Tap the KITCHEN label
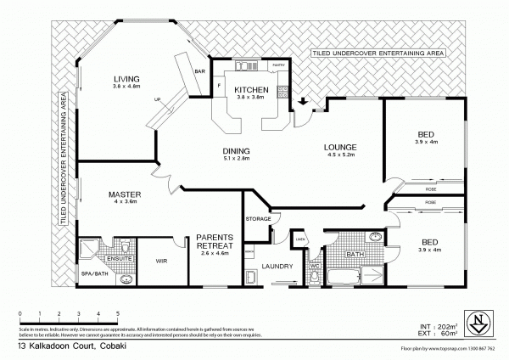coord(251,89)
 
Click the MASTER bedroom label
coord(124,194)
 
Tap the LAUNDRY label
coord(277,267)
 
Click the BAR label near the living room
coord(201,71)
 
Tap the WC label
coord(312,266)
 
